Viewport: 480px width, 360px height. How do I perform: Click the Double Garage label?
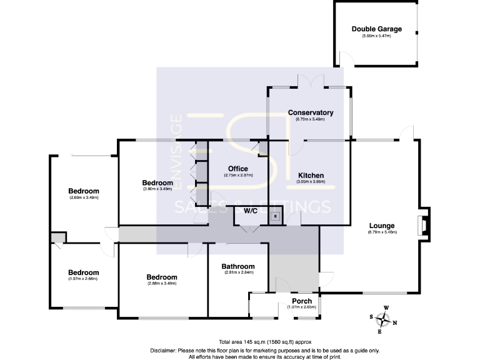tap(376, 29)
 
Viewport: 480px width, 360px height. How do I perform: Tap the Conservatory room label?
tap(310, 112)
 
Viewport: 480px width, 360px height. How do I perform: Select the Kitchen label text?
tap(310, 176)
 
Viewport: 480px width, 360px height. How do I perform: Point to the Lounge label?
tap(382, 226)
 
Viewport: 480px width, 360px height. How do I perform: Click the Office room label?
tap(237, 169)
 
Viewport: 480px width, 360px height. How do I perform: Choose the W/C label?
tap(251, 211)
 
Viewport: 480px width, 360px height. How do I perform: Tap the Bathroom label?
tap(239, 266)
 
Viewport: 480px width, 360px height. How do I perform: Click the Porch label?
tap(302, 301)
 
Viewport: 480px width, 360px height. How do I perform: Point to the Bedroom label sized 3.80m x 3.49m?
tap(157, 182)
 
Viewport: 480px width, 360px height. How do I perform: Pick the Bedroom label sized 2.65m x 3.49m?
tap(84, 191)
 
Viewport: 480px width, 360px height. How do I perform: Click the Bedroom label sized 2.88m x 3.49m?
tap(162, 277)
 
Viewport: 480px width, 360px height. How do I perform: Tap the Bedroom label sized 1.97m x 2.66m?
tap(84, 272)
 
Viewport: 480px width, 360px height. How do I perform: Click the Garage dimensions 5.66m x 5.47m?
tap(376, 36)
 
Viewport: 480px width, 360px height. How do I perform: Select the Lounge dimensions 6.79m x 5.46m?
tap(382, 232)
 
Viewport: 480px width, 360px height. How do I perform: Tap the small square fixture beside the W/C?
tap(274, 217)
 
